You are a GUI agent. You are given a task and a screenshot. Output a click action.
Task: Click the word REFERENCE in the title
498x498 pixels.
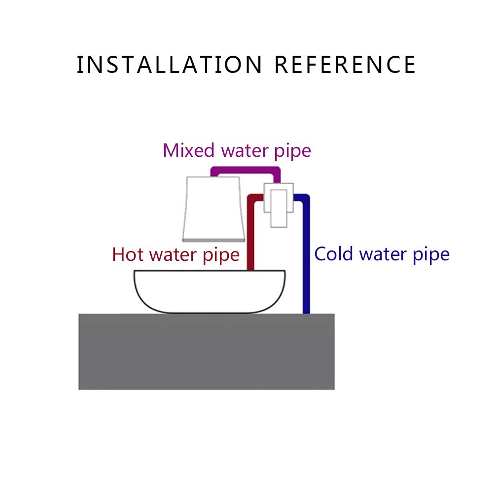tap(345, 65)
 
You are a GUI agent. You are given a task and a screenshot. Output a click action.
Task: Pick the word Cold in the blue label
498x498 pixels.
tap(334, 254)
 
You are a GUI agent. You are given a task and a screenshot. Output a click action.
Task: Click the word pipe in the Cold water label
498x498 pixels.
tap(430, 255)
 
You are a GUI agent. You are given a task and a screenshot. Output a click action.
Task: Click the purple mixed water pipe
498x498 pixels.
tap(246, 171)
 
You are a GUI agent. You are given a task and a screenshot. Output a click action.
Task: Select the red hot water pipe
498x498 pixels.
tap(250, 232)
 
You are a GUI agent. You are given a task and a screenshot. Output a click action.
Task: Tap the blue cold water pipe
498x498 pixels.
tap(306, 256)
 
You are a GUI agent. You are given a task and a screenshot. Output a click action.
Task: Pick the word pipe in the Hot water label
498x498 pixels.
tap(220, 255)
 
